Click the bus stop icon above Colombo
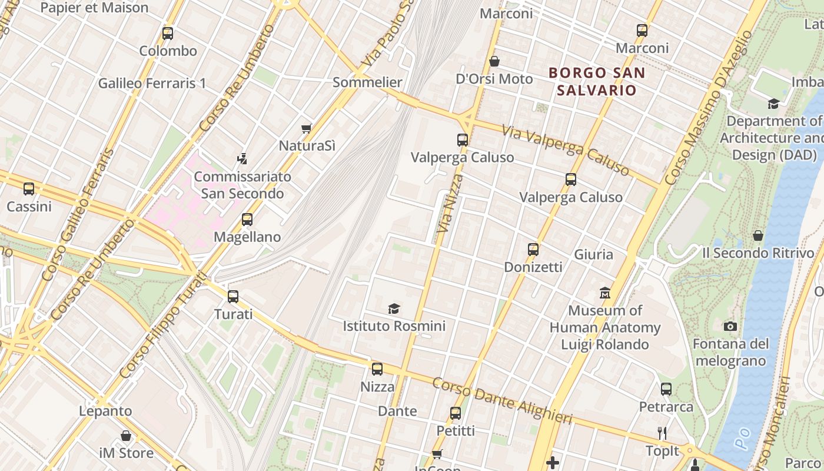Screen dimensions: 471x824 (168, 33)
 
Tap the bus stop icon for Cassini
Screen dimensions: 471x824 (29, 189)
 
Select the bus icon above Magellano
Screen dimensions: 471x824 (247, 220)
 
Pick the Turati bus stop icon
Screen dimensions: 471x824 (233, 297)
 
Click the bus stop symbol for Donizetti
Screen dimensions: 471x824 (533, 249)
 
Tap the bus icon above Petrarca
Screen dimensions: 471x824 (666, 389)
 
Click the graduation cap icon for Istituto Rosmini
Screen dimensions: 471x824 (394, 309)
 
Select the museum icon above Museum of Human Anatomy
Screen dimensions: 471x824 (605, 293)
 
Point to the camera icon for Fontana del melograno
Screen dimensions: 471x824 (730, 326)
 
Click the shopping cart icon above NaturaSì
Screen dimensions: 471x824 (306, 128)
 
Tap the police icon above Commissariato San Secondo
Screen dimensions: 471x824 (242, 158)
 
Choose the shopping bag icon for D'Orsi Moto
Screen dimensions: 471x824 (494, 61)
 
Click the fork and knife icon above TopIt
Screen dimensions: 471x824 (662, 434)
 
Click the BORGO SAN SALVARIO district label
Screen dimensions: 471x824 (597, 82)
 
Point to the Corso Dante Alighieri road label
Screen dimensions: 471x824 (502, 401)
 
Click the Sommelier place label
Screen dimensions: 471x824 (367, 82)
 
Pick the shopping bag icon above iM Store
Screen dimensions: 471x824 (126, 436)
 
